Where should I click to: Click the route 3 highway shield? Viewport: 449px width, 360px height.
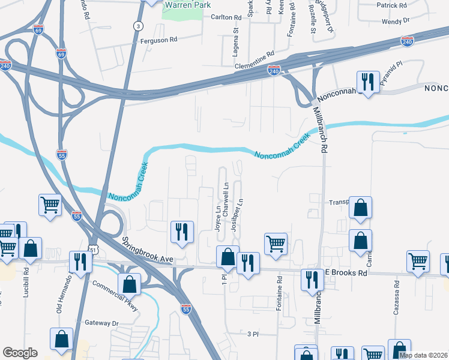pyautogui.click(x=139, y=26)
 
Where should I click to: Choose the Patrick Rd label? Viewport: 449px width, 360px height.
pyautogui.click(x=392, y=5)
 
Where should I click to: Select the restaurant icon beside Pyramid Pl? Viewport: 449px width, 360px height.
pyautogui.click(x=367, y=82)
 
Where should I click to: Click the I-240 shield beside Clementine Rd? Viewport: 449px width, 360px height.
pyautogui.click(x=274, y=71)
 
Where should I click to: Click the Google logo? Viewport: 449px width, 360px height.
pyautogui.click(x=20, y=353)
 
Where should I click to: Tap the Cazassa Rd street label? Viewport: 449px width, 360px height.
pyautogui.click(x=397, y=295)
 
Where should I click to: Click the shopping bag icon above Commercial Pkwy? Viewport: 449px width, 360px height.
pyautogui.click(x=129, y=283)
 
